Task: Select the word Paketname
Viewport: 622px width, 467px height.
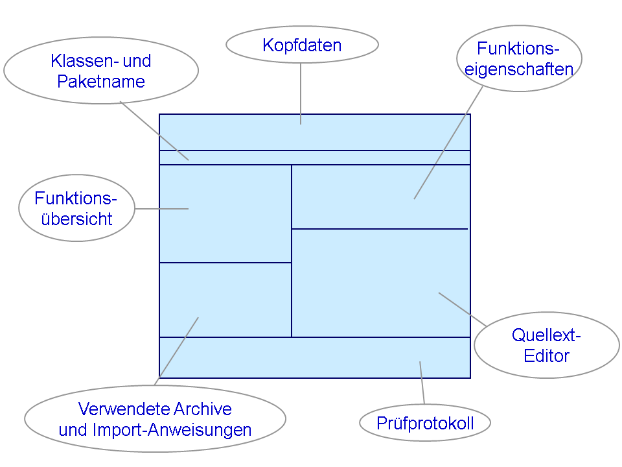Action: click(101, 82)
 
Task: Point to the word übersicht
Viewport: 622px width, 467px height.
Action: click(77, 219)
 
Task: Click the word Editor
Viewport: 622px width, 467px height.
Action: click(547, 355)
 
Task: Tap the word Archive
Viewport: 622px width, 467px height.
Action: click(203, 409)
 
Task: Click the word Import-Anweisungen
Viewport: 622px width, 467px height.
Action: click(172, 430)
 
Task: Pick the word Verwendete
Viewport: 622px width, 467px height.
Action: click(124, 409)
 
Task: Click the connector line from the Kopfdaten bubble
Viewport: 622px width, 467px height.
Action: click(301, 93)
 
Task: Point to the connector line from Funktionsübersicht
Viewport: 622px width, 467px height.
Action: click(161, 208)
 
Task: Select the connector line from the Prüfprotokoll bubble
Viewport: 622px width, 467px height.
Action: click(422, 383)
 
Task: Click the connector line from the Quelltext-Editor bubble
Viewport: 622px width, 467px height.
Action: click(463, 309)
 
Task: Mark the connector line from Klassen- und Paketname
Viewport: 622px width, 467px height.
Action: click(154, 130)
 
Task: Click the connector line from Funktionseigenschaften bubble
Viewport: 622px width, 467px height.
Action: click(448, 143)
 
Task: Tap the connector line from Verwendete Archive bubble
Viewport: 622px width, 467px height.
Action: click(176, 351)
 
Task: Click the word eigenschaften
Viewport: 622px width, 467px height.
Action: click(519, 69)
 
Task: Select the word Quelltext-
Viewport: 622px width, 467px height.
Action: click(546, 335)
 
